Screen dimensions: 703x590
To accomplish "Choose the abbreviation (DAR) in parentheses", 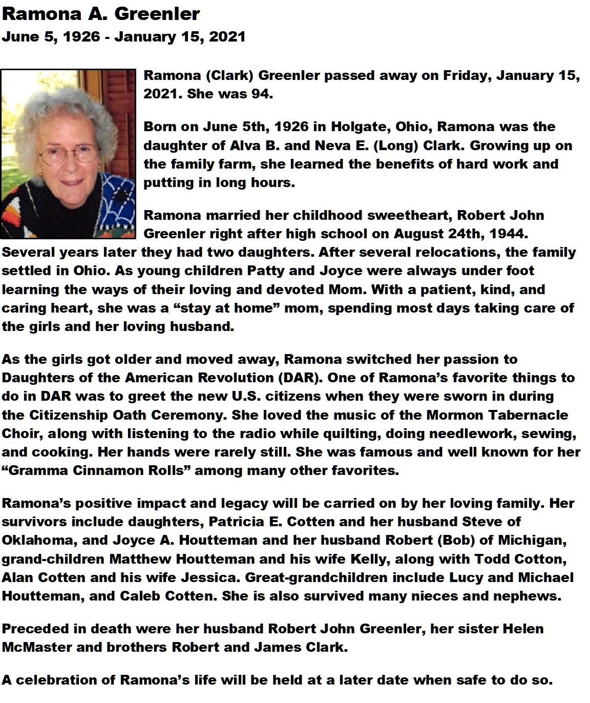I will [x=300, y=378].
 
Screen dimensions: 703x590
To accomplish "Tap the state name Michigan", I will [x=520, y=540].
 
